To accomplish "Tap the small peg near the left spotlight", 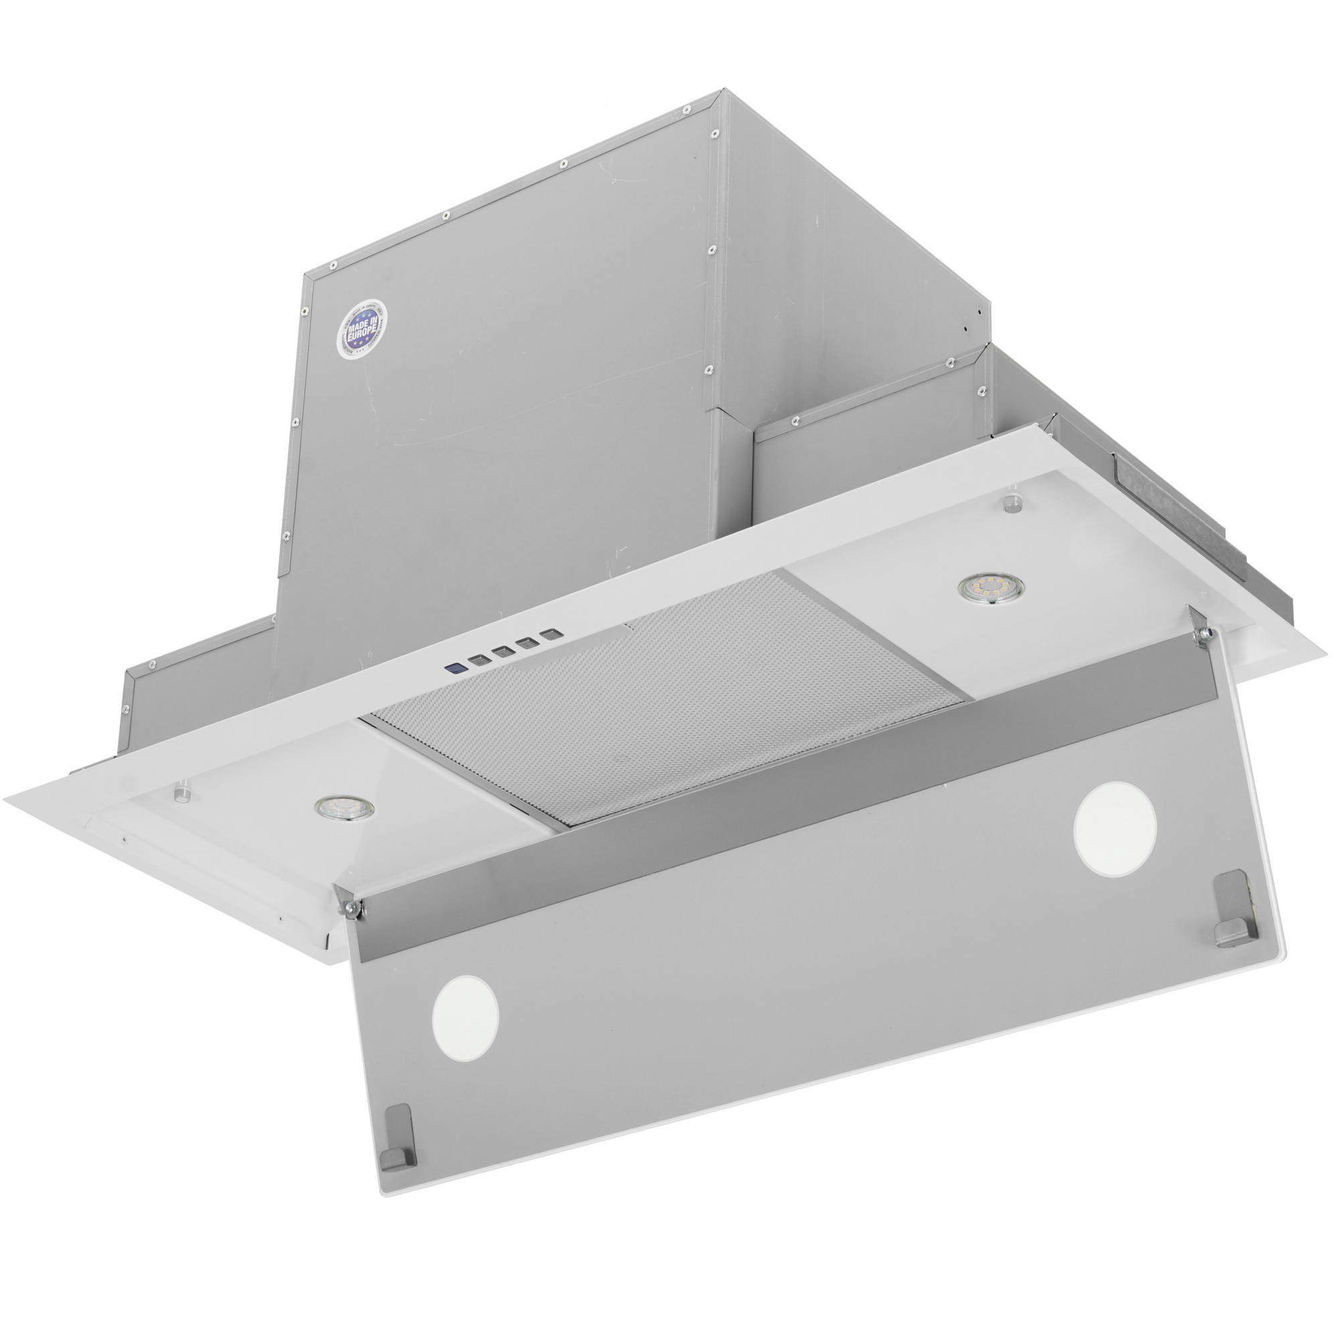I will coord(182,792).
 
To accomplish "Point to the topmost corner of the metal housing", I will coord(723,90).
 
